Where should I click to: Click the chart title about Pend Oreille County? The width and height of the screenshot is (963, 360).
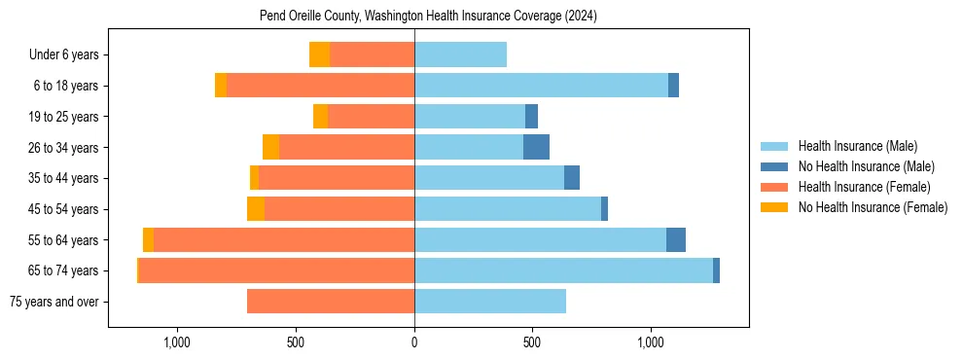(x=428, y=16)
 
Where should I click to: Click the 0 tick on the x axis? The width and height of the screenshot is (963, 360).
(x=414, y=342)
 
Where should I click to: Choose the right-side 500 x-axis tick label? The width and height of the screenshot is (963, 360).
(x=532, y=342)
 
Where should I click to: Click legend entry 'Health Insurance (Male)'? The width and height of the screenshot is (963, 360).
(x=857, y=146)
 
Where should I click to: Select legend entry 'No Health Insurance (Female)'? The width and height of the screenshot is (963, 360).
(x=873, y=207)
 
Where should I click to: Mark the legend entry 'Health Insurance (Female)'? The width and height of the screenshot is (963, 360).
(x=864, y=187)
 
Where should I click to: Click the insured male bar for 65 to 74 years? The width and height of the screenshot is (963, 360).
(x=563, y=270)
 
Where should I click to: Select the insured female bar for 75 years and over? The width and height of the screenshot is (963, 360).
(x=331, y=302)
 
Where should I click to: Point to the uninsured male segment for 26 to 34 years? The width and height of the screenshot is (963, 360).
(x=536, y=147)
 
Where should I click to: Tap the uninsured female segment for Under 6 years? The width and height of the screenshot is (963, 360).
(x=319, y=54)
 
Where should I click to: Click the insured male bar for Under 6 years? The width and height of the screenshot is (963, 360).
(x=460, y=54)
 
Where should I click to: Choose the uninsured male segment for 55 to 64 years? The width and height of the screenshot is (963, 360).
(x=675, y=239)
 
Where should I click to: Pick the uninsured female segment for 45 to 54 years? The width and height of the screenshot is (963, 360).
(x=255, y=209)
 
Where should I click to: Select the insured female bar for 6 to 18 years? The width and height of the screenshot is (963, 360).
(x=320, y=86)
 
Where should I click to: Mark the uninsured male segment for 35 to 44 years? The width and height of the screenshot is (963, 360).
(x=572, y=178)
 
